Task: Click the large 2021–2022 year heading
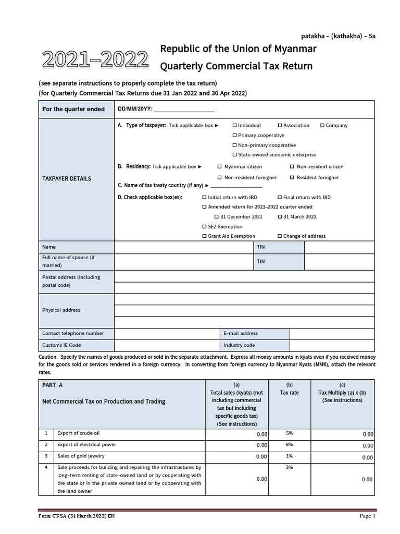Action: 95,60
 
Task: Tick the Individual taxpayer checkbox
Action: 234,126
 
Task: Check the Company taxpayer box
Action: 322,126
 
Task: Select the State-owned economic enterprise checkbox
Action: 234,155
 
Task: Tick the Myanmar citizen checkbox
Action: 220,167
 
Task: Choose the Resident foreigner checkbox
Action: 292,178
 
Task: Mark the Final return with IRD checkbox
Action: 280,198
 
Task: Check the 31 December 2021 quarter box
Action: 217,216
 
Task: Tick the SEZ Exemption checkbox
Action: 204,227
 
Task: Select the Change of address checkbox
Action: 280,236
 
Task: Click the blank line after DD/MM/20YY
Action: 184,110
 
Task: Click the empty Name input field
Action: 183,247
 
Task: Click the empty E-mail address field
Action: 331,334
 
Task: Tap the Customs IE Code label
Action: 61,345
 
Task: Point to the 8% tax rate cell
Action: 290,445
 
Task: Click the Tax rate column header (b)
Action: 290,389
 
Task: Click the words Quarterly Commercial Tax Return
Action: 236,66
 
